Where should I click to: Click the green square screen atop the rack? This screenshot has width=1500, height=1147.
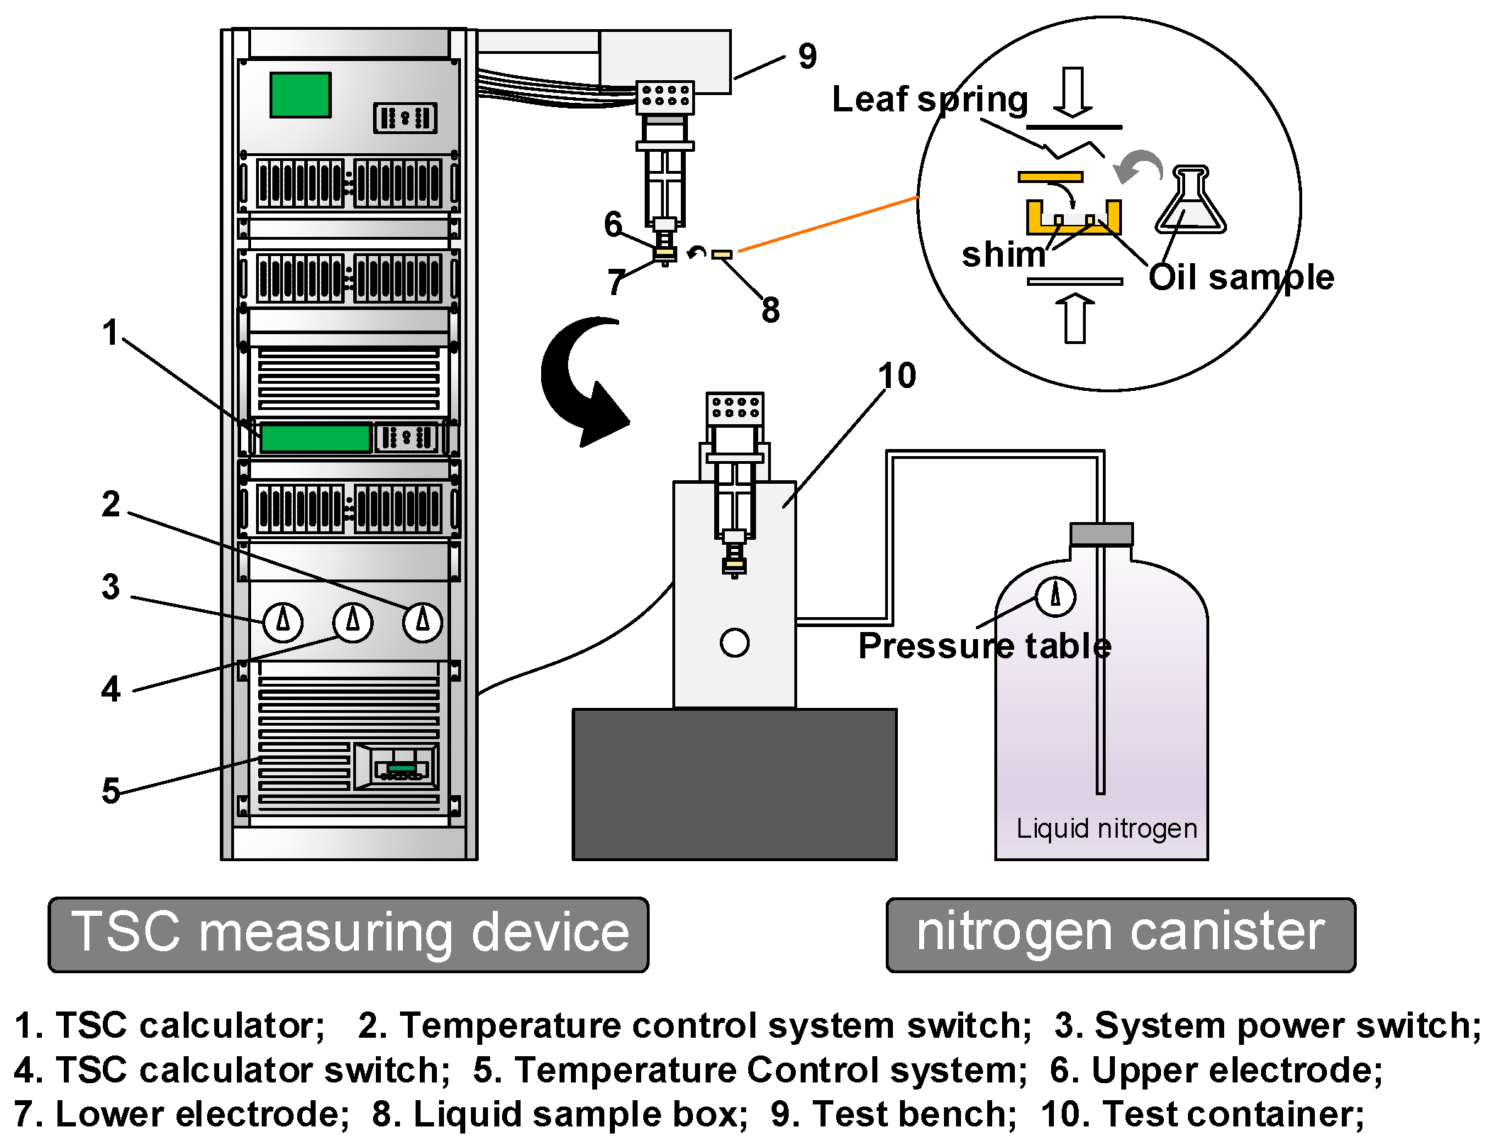coord(300,94)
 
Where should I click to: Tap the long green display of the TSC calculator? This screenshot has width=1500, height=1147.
coord(315,438)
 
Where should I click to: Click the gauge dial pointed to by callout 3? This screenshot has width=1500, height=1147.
coord(283,621)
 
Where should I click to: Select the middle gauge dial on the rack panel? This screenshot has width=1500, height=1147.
coord(352,621)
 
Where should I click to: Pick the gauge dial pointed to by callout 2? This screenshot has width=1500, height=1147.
coord(423,621)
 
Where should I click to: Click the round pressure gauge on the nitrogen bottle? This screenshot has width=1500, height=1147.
coord(1055,596)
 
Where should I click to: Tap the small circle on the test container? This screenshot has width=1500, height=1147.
coord(734,643)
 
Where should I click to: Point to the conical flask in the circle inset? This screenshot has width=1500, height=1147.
coord(1191,201)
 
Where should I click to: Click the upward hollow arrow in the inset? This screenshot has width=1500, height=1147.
coord(1075,318)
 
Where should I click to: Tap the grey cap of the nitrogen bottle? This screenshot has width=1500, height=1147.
coord(1101,533)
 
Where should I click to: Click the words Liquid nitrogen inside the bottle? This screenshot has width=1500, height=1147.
coord(1106,829)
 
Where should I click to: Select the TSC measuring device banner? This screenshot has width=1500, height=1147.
coord(348,933)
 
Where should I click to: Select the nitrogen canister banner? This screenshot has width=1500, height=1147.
coord(1121,933)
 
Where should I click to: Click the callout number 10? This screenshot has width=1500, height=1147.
coord(896,375)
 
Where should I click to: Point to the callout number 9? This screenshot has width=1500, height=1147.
coord(807,56)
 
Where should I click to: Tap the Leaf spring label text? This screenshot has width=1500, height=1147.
coord(929,99)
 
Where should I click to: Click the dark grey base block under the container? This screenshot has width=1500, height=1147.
coord(734,784)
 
